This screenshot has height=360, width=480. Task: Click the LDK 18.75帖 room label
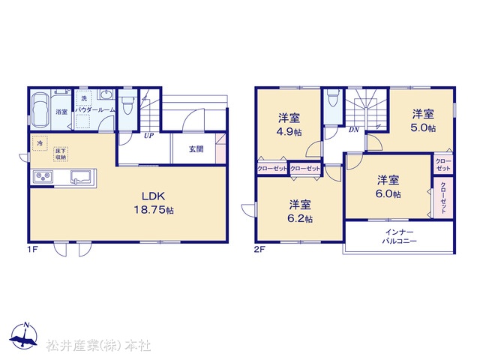click(x=154, y=202)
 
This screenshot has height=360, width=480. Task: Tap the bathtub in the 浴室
click(x=40, y=110)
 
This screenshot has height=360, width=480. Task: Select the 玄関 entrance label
click(x=196, y=149)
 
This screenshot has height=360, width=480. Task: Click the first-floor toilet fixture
click(x=126, y=105)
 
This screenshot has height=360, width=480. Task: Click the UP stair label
click(x=148, y=135)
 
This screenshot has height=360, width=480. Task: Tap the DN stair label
click(x=354, y=130)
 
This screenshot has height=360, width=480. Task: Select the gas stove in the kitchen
click(x=43, y=177)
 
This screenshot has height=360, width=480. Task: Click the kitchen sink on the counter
click(x=81, y=177)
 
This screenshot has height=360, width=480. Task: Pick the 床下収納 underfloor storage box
click(x=61, y=154)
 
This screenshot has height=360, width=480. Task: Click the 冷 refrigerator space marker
click(x=40, y=143)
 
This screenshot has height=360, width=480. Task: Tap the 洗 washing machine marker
click(x=84, y=98)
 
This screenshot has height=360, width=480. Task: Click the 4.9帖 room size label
click(x=289, y=132)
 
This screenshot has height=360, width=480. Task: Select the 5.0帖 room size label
click(x=423, y=127)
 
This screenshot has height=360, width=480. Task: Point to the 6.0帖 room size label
click(x=388, y=193)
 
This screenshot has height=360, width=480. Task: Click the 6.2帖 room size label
click(x=300, y=218)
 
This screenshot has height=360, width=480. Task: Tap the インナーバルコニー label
click(x=399, y=236)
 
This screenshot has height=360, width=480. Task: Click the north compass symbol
click(x=23, y=335)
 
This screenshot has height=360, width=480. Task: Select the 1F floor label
click(x=33, y=250)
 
